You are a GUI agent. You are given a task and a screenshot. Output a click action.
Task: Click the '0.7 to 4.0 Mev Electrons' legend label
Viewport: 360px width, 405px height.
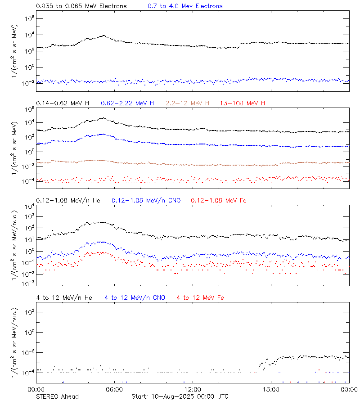pos(185,6)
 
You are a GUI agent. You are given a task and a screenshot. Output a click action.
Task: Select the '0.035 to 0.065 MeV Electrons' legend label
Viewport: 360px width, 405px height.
pos(81,6)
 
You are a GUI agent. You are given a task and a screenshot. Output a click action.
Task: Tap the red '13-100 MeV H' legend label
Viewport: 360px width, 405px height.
pos(242,103)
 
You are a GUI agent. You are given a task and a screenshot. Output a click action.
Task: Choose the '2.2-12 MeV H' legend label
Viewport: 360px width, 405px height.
pos(187,103)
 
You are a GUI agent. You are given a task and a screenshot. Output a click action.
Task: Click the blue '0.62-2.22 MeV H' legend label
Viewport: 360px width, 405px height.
pos(127,103)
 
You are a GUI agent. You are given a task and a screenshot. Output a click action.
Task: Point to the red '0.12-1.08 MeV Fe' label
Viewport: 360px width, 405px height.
pos(219,201)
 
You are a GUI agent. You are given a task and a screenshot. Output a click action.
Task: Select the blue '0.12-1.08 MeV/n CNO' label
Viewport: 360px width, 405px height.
pos(146,201)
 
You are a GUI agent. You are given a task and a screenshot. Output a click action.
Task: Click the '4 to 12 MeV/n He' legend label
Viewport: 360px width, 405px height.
pos(64,298)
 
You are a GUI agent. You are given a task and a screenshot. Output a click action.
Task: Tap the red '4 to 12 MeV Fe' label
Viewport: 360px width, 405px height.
pos(200,298)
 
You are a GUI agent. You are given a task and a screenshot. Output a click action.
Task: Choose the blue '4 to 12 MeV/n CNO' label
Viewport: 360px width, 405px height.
pos(135,298)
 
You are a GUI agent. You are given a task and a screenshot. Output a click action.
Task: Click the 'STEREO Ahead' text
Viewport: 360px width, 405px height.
pos(57,396)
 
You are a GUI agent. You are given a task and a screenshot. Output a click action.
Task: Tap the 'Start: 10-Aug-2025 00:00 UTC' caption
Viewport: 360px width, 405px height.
pos(180,396)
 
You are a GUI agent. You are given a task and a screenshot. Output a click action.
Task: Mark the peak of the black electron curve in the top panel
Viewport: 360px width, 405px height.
pos(104,35)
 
